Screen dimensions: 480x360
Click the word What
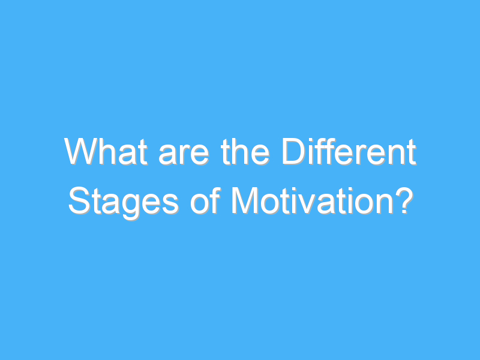coord(106,152)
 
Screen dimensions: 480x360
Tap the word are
coord(184,155)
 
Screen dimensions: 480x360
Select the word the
coord(245,152)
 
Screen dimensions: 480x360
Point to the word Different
coord(349,152)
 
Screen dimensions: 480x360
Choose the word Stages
coord(124,202)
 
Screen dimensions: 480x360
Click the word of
coord(205,200)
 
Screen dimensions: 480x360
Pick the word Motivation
coord(313,200)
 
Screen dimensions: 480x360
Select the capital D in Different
coord(294,152)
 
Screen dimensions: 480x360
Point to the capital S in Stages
coord(79,200)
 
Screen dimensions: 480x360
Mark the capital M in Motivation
coord(245,200)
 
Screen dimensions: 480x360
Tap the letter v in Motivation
coord(306,204)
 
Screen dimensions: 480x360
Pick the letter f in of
coord(215,200)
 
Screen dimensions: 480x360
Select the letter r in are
coord(185,155)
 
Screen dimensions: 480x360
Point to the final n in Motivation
coord(385,204)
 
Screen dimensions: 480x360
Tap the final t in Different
coord(412,152)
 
